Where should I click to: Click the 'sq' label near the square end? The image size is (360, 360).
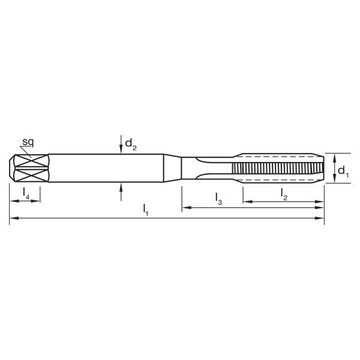pos(28,142)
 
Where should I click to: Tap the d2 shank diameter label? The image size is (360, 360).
pos(131,143)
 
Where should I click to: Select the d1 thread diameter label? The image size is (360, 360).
pos(342,172)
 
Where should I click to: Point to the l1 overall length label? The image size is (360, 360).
pos(146,209)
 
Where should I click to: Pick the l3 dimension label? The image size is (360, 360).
pos(218,198)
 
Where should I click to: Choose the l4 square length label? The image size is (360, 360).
pos(25,193)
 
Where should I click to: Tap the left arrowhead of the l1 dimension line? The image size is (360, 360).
pos(13,220)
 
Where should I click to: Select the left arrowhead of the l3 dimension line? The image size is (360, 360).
pos(185,208)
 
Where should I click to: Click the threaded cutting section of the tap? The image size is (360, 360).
pos(276,170)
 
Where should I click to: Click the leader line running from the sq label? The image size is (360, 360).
pos(28,151)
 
